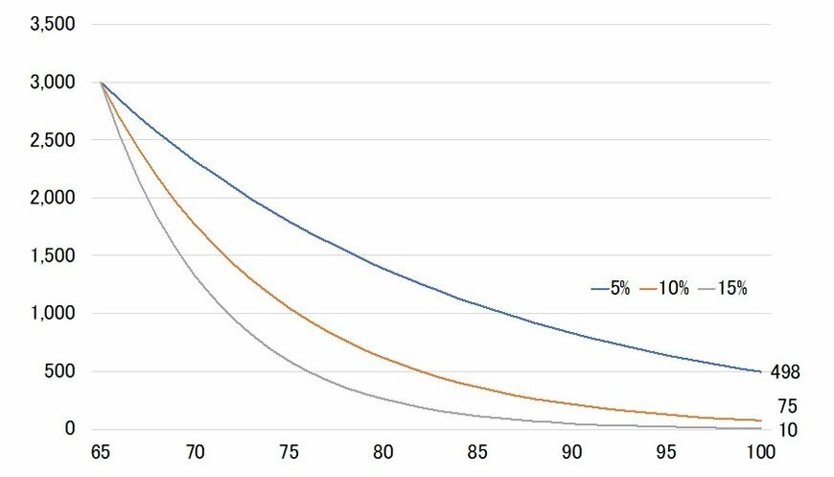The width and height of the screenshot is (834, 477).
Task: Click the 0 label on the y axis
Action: click(70, 429)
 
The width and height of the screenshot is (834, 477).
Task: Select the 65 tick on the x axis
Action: click(101, 451)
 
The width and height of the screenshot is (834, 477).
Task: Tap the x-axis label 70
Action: click(195, 451)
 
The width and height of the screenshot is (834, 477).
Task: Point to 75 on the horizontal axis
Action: click(289, 451)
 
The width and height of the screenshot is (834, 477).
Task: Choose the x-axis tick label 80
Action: click(382, 451)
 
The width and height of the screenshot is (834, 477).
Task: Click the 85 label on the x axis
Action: click(476, 451)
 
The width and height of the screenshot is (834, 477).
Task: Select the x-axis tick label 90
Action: click(570, 451)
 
